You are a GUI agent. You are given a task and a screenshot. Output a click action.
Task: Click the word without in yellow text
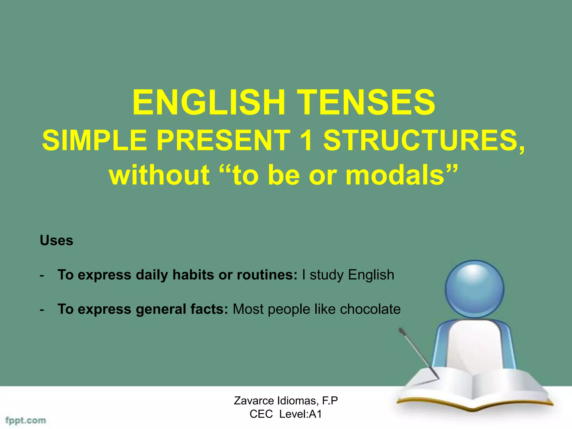[159, 175]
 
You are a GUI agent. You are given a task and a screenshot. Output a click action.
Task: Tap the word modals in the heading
[395, 175]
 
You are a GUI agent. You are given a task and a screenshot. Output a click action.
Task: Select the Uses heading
[56, 240]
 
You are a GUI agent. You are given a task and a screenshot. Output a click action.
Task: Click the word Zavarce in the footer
[254, 401]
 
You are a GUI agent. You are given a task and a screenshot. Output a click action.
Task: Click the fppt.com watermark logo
[26, 420]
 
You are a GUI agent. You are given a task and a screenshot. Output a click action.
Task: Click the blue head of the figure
[475, 289]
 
